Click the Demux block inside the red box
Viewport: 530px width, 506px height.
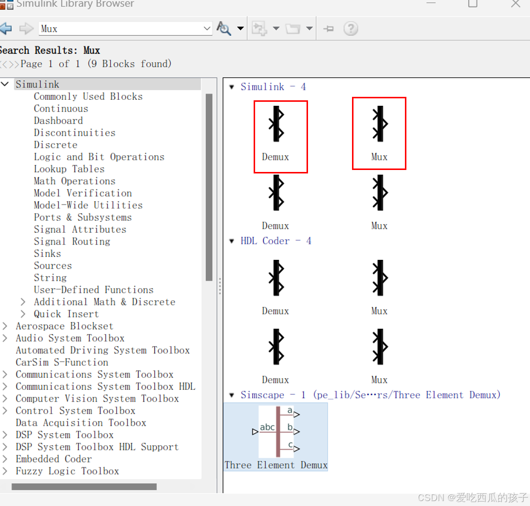[x=276, y=124]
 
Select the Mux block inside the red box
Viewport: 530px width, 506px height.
[x=380, y=124]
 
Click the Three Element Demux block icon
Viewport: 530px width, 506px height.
[x=276, y=432]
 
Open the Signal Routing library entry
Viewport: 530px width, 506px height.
[x=72, y=242]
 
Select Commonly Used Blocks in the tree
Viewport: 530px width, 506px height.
[x=88, y=97]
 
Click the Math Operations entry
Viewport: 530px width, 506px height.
[x=75, y=181]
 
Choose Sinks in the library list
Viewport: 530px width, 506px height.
[x=47, y=253]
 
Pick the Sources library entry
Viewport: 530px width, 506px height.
[x=53, y=266]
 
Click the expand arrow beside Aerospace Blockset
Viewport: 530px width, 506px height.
[x=5, y=326]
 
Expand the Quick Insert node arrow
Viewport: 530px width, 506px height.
[x=23, y=314]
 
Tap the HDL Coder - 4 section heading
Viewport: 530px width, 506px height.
[x=276, y=241]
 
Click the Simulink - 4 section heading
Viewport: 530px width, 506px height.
[x=273, y=87]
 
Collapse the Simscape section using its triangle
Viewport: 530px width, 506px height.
[x=231, y=395]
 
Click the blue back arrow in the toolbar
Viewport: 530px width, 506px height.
[x=6, y=28]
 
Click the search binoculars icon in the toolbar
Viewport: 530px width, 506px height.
[x=223, y=28]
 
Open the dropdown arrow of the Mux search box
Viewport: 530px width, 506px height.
[x=207, y=28]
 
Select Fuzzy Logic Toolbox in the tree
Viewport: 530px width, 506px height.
[x=67, y=471]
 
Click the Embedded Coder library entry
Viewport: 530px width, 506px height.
[x=54, y=459]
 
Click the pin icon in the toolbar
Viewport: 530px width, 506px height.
[x=328, y=29]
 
